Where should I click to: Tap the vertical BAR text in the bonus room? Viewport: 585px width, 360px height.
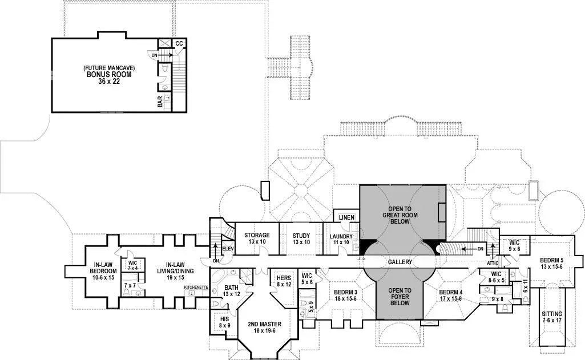pos(160,102)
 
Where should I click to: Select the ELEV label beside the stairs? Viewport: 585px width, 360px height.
pos(228,249)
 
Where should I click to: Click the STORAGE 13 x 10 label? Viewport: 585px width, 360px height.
pos(257,238)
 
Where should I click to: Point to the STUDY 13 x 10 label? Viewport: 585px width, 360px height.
pos(301,238)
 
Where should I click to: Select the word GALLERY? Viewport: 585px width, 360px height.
pos(400,261)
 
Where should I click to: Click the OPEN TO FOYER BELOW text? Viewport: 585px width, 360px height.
pos(400,297)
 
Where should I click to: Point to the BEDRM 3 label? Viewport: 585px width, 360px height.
pos(345,295)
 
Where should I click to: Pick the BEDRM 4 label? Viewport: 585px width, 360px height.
pos(450,295)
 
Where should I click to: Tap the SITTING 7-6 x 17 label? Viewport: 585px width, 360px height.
pos(552,317)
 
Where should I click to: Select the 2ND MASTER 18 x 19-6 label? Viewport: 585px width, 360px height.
pos(264,327)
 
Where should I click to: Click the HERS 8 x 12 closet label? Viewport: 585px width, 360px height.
pos(284,280)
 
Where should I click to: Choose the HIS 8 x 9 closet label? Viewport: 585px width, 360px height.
pos(224,322)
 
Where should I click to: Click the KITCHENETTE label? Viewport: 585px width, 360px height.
pos(196,287)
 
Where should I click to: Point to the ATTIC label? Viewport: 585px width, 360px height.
pos(493,263)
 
